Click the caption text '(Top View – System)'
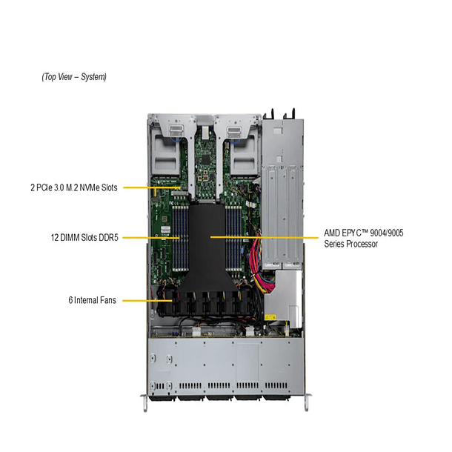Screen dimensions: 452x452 click(x=74, y=76)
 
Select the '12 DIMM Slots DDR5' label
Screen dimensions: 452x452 click(x=83, y=238)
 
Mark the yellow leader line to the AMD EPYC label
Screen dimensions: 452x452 click(x=267, y=237)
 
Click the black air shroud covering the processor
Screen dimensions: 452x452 click(x=208, y=245)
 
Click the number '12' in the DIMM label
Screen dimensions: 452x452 click(x=54, y=238)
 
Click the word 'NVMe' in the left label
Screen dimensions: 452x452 click(x=88, y=187)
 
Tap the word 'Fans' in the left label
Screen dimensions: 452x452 click(x=108, y=301)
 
